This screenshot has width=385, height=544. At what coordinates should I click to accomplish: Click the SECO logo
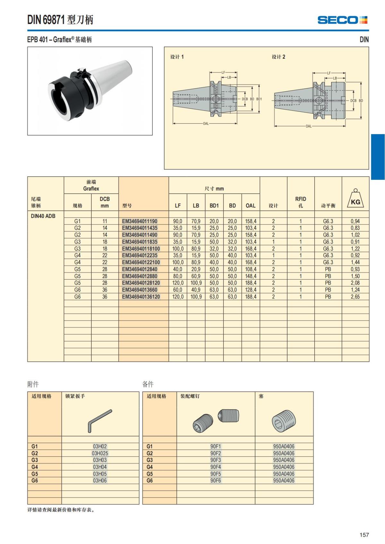point(342,20)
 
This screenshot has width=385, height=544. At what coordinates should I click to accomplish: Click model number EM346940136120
point(141,297)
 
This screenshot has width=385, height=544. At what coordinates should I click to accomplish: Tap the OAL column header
point(251,206)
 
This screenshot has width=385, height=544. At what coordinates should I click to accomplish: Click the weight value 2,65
point(355,297)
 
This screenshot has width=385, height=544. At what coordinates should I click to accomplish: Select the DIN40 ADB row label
point(43,216)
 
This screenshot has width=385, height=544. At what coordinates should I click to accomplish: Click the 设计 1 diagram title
point(177,57)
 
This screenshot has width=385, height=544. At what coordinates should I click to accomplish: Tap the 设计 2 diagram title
point(278,57)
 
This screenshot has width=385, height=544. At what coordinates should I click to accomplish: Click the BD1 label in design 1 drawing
point(259,99)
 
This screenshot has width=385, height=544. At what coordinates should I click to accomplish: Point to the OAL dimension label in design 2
point(309,126)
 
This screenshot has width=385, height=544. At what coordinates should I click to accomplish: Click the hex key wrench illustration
point(99,420)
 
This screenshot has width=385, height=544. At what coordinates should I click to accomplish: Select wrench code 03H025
point(100,453)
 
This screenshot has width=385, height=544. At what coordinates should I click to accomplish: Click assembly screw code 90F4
point(216,467)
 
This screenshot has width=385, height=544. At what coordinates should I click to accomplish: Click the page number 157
point(364,535)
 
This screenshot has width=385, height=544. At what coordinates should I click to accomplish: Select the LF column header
point(178,206)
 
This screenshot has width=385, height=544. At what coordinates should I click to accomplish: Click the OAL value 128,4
point(251,290)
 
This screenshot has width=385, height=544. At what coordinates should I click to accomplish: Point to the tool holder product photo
point(90,91)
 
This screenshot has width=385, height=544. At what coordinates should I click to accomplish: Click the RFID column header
point(301,202)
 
